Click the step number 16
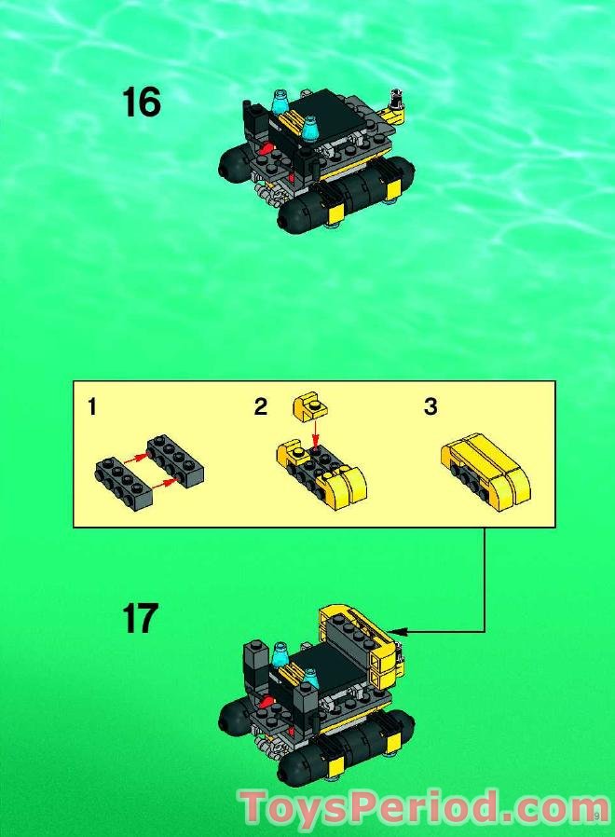coord(142,103)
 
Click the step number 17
coord(141,618)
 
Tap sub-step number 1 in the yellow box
coord(92,407)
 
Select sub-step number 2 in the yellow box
coord(261,407)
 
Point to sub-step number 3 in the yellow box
coord(430,407)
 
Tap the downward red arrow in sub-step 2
coord(316,433)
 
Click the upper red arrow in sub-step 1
coord(135,456)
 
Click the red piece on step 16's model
coord(267,147)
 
